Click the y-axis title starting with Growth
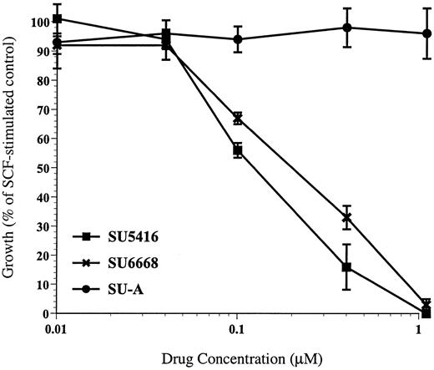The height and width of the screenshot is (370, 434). [x=10, y=167]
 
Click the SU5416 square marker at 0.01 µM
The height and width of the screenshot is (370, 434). [x=56, y=18]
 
